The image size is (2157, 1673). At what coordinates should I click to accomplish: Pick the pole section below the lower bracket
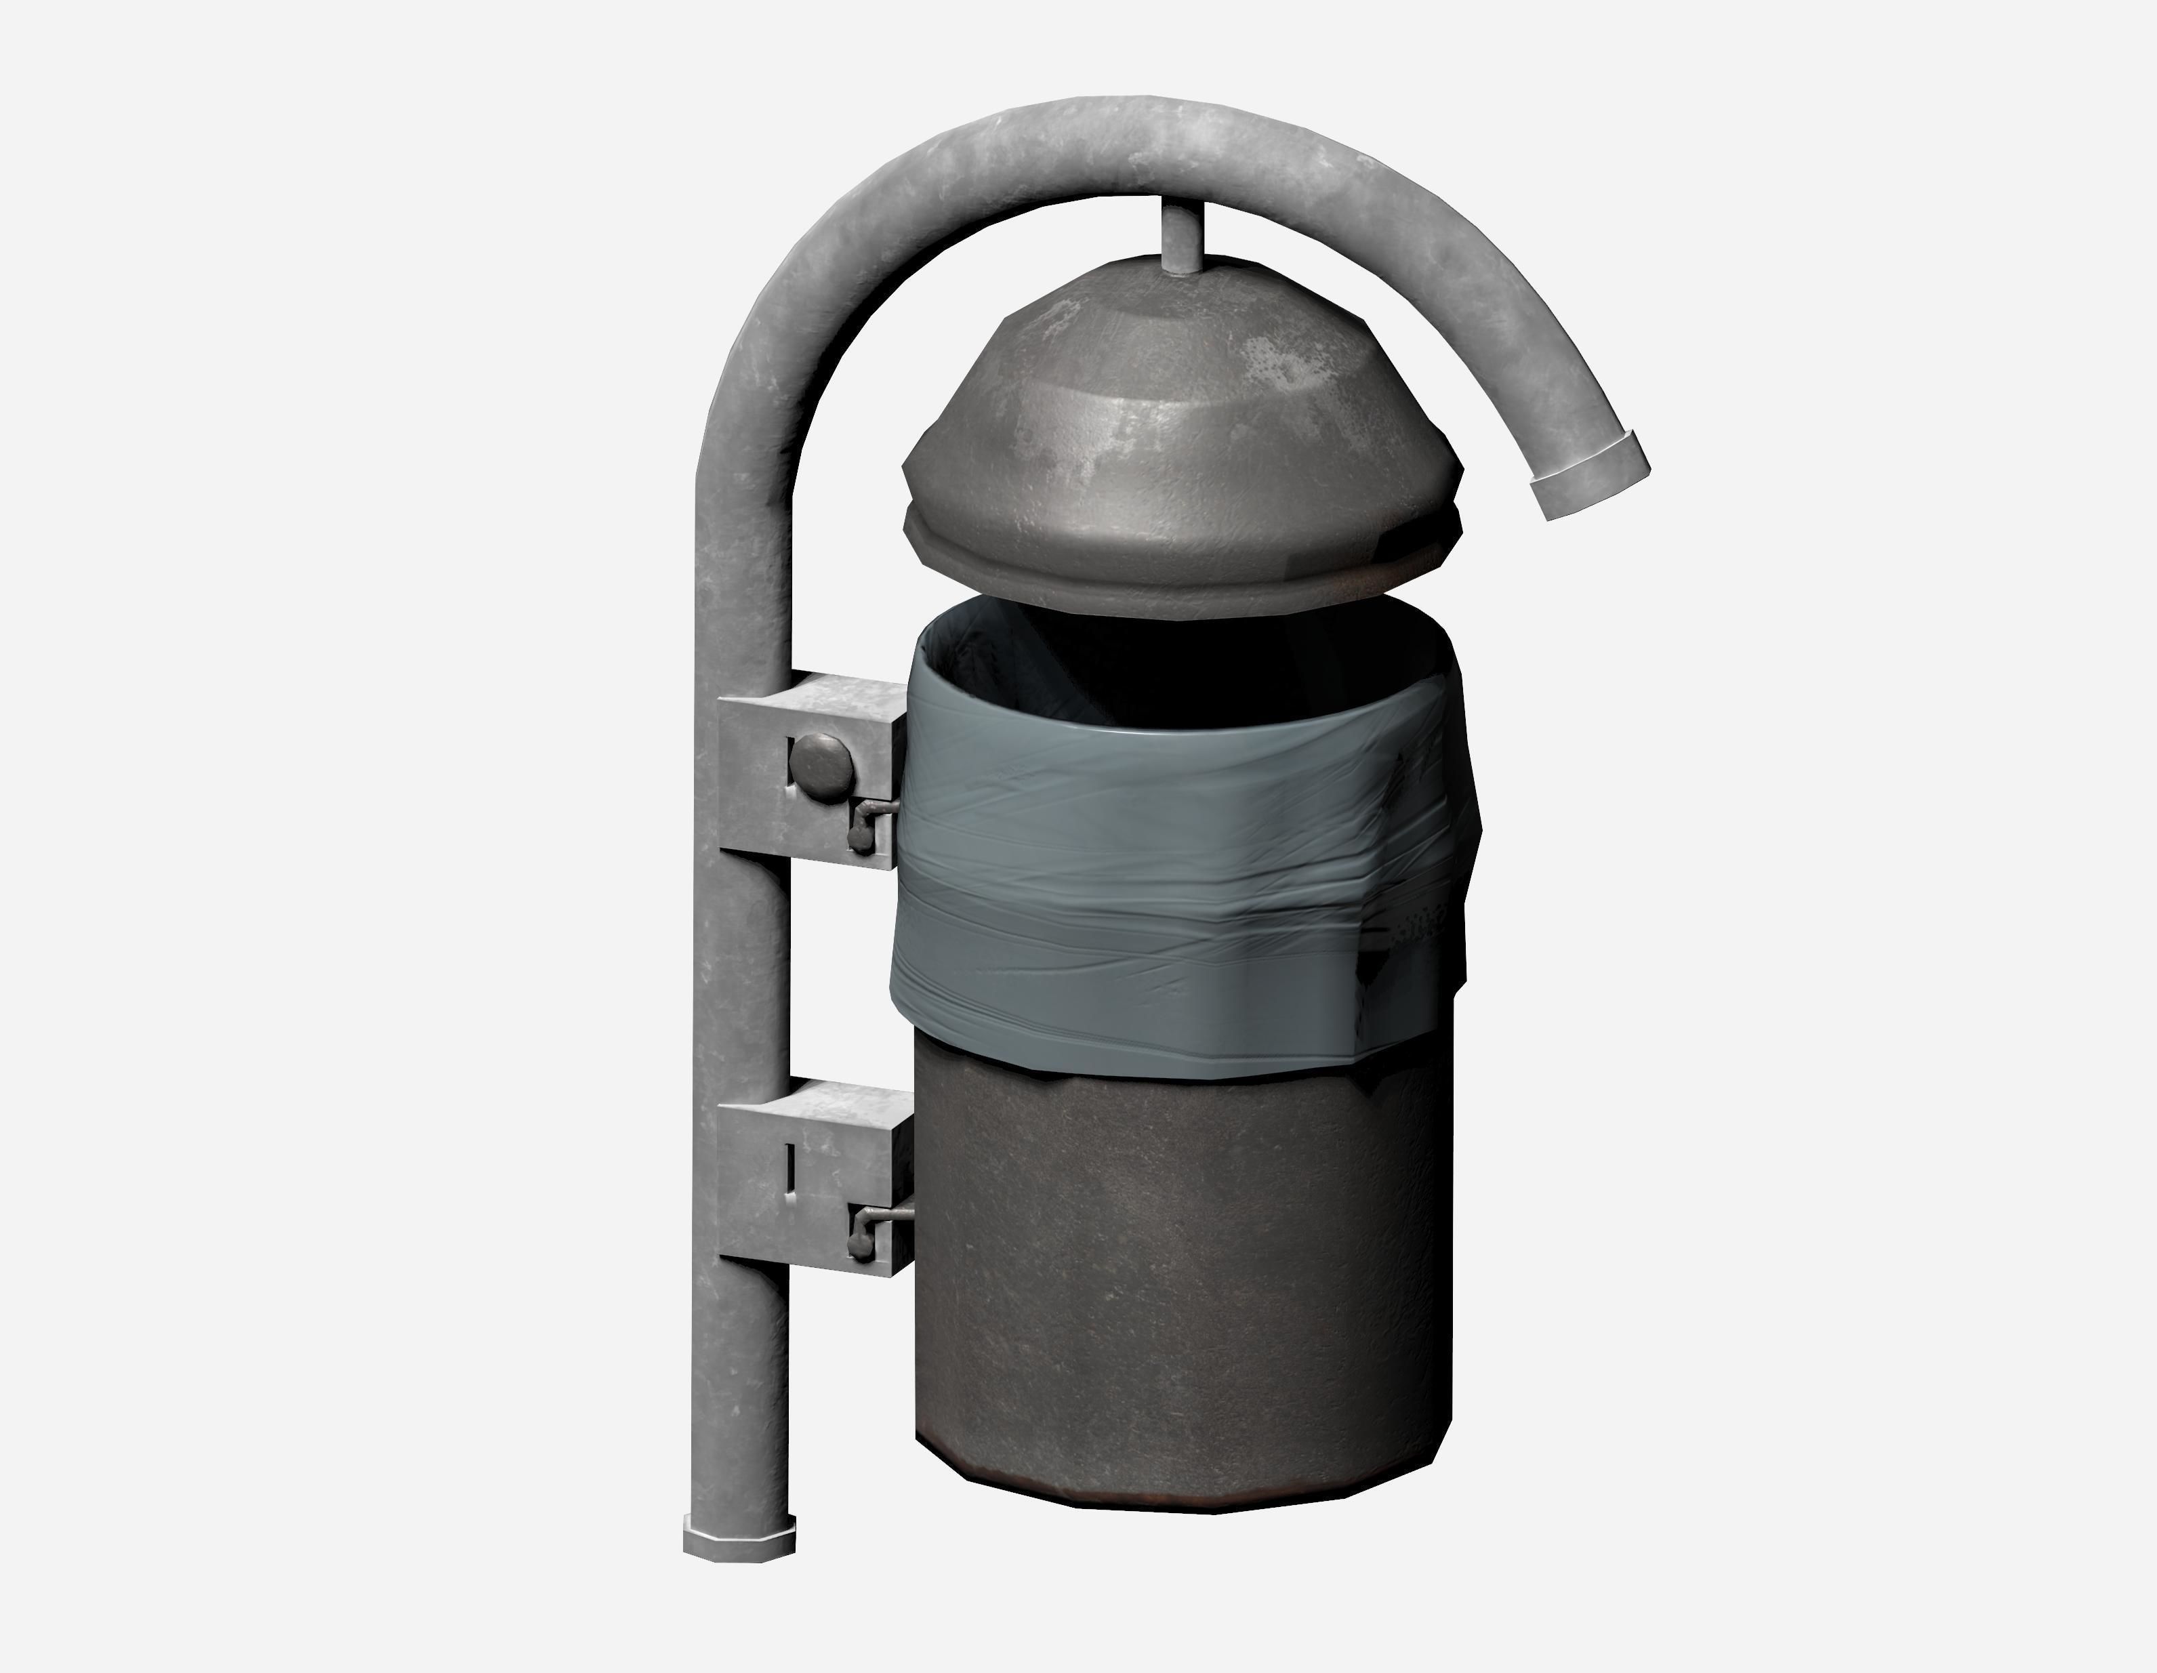(741, 1403)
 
